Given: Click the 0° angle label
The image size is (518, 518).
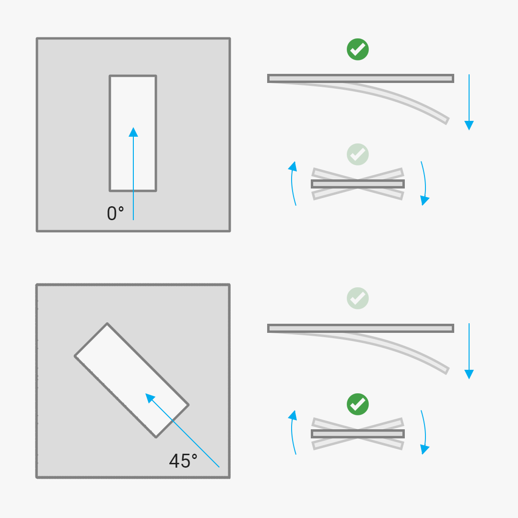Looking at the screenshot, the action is pos(115,213).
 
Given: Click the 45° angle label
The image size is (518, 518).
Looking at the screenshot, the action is pos(183,461).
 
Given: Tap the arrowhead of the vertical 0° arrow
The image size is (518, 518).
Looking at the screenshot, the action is pos(133,132).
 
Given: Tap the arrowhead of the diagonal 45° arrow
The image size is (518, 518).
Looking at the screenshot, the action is pos(149,397).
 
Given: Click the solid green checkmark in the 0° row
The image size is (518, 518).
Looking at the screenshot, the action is pos(358,49).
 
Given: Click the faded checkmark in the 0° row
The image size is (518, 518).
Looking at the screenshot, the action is pos(358,154).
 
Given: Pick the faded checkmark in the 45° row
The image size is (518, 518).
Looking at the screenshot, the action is pos(358,298).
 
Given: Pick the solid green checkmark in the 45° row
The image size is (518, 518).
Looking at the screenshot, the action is pos(358,404).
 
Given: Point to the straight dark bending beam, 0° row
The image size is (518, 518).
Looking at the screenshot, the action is pos(361,78).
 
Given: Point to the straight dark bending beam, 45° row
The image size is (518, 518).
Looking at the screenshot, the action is pos(361,328).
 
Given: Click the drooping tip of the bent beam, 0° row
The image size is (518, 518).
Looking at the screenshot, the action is pos(447,120).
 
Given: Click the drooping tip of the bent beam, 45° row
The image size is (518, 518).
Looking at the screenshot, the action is pos(447,370).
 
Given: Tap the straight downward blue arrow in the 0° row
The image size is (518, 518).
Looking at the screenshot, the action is pos(469,103).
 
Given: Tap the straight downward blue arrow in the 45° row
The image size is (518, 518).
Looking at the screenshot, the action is pos(469,352).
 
